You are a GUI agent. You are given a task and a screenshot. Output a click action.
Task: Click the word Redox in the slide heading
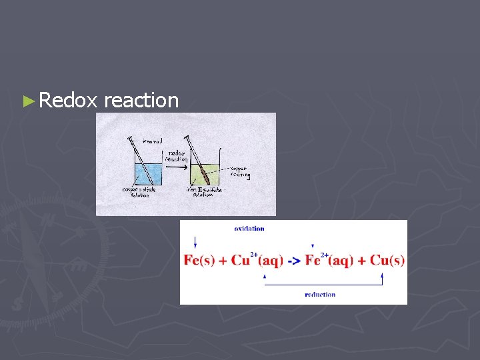coord(68,101)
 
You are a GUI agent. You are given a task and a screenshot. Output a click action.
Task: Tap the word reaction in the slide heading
coord(141,101)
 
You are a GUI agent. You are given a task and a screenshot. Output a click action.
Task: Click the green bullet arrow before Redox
coord(27,101)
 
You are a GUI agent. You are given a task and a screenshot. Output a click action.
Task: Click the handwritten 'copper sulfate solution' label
coord(138,192)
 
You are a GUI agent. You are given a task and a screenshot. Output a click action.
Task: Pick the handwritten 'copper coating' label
coord(240,172)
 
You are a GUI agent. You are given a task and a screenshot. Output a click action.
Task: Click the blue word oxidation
coord(249,229)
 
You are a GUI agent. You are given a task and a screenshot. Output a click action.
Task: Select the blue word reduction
coord(320,294)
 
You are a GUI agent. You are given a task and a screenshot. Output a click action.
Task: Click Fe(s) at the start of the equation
coord(199,260)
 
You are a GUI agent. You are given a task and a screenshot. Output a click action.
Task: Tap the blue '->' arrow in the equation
coord(293,260)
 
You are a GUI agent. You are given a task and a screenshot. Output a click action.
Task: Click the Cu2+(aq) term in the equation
coord(257,259)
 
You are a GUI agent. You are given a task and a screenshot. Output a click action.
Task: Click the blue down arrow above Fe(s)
coord(195,243)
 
